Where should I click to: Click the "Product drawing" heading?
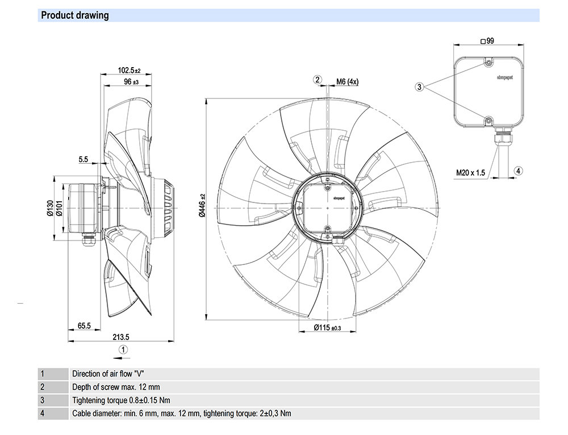tap(75, 15)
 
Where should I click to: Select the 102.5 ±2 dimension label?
tap(129, 71)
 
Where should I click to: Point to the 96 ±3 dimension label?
tap(131, 82)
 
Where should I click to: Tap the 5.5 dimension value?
tap(83, 160)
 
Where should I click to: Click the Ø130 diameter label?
tap(49, 209)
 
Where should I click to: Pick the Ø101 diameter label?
tap(59, 209)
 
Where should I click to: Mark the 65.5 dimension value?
tap(84, 326)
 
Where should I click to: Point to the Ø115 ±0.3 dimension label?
tap(327, 328)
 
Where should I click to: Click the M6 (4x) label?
tap(347, 82)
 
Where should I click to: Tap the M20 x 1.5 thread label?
tap(471, 173)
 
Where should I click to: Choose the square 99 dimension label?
tap(487, 41)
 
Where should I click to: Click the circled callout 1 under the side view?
tap(123, 349)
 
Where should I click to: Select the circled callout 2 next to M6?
tap(318, 80)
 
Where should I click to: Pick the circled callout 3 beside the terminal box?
tap(420, 86)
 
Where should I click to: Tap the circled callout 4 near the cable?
tap(519, 171)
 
